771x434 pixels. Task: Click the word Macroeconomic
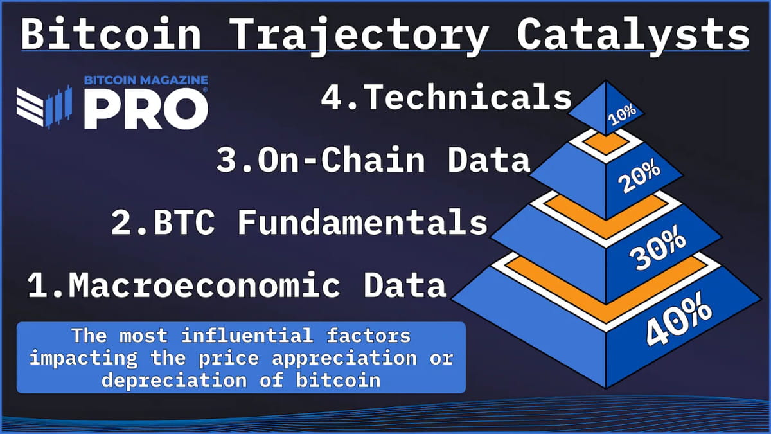tap(204, 285)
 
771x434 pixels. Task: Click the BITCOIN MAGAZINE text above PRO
tap(146, 80)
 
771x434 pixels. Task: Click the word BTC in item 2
tap(181, 223)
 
